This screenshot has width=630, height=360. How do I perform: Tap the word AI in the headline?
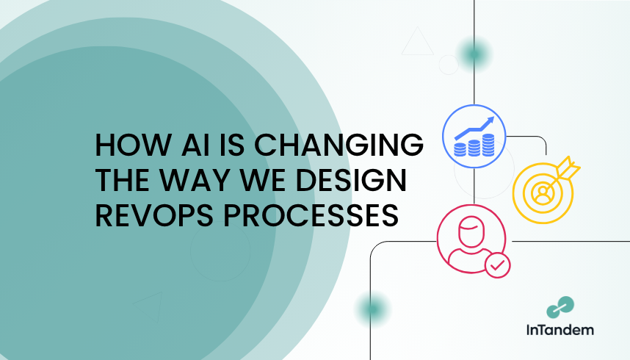coord(195,145)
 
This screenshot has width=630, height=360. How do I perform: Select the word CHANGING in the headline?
coord(338,145)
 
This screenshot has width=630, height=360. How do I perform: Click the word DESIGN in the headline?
coord(351,180)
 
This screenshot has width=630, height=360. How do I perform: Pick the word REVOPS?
coord(154,215)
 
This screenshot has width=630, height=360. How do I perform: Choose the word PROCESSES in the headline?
coord(311,215)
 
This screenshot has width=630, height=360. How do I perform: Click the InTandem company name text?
coord(560,330)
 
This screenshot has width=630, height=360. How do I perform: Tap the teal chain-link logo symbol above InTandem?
coord(560,307)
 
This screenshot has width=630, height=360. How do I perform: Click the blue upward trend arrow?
coord(474,128)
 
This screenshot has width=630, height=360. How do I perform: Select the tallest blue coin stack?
coord(488,145)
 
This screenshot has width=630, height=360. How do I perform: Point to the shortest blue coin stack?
coord(460,150)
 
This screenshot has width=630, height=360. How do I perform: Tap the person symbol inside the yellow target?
coord(543,193)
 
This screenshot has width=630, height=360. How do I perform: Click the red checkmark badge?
coord(497,265)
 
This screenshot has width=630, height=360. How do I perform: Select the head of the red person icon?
coord(471,231)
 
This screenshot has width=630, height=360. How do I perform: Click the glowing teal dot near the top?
coord(474,54)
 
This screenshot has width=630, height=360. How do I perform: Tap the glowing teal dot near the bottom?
coord(373,309)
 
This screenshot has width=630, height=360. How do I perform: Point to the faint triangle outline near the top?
coord(418,41)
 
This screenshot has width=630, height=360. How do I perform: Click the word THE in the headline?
coord(122,180)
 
